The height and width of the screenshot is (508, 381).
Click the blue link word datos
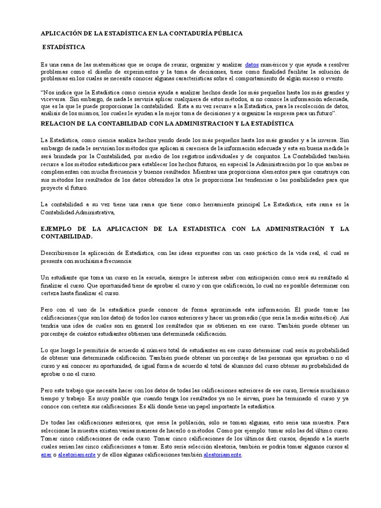tap(252, 64)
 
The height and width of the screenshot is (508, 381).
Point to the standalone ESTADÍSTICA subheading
tap(63, 47)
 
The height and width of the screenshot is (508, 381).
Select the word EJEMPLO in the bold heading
tap(57, 229)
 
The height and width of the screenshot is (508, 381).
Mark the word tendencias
tap(244, 181)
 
